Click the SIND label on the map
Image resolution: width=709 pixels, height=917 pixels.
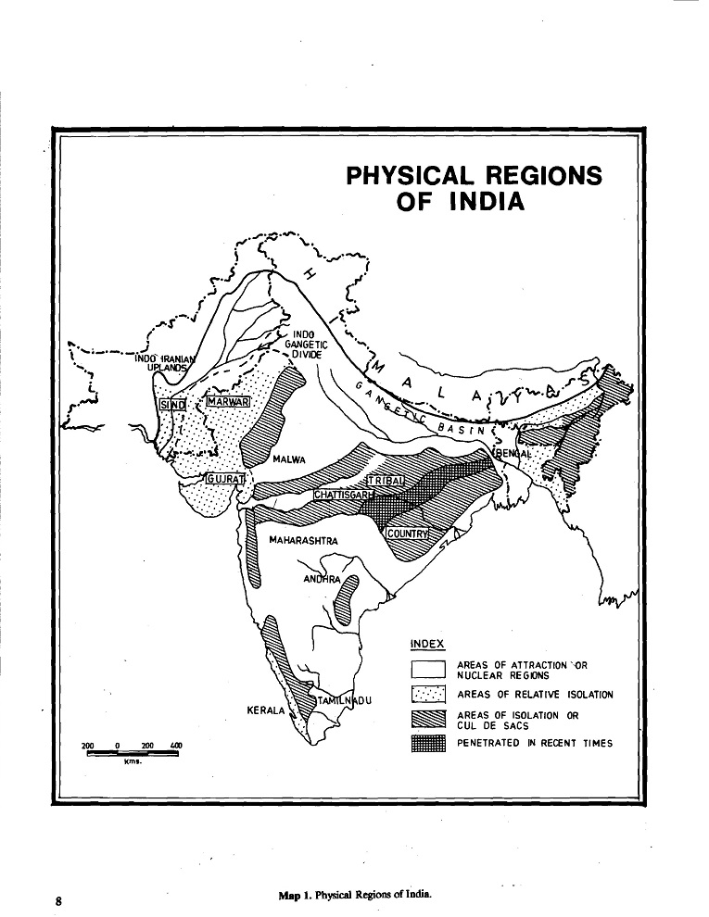[173, 405]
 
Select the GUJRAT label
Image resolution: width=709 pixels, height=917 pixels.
[224, 478]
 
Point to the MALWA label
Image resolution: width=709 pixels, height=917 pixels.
[290, 459]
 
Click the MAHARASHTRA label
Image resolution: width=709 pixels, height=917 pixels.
[303, 539]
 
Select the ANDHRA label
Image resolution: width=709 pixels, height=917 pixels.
[323, 580]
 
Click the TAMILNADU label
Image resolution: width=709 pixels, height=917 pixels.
[345, 701]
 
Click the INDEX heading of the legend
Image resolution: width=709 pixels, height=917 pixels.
[427, 644]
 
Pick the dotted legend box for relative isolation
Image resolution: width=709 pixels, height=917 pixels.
[429, 695]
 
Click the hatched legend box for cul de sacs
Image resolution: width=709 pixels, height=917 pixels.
[429, 720]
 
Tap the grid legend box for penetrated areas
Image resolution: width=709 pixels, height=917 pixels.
[429, 743]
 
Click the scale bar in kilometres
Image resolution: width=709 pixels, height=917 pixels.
[133, 753]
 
